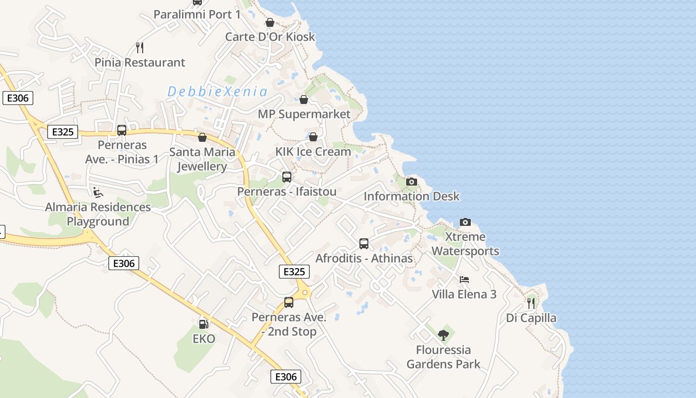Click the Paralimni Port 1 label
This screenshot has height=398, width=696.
click(197, 14)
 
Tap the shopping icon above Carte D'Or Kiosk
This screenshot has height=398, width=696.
click(270, 22)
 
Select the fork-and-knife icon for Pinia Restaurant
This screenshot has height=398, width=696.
click(140, 48)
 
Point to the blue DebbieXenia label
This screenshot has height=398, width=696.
click(217, 92)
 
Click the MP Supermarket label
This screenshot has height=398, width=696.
click(304, 114)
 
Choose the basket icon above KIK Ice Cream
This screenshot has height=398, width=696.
click(313, 137)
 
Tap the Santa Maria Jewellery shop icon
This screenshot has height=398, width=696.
click(202, 137)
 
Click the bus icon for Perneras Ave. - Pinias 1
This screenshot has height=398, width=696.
click(122, 130)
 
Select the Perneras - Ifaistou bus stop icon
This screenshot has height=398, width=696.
click(287, 177)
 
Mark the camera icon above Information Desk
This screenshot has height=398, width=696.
click(412, 182)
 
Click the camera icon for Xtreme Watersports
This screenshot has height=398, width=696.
click(465, 222)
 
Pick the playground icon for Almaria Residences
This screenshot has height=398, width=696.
click(98, 192)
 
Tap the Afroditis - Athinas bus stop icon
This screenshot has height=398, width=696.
click(364, 244)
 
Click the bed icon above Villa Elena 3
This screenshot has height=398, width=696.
click(464, 280)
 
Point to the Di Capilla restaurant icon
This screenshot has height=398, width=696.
click(531, 303)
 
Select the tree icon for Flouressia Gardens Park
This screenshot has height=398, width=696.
click(443, 335)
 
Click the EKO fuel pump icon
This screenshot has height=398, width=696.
click(203, 324)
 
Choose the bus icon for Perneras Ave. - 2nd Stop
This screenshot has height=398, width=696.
click(289, 302)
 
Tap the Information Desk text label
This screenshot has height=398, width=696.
click(412, 196)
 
